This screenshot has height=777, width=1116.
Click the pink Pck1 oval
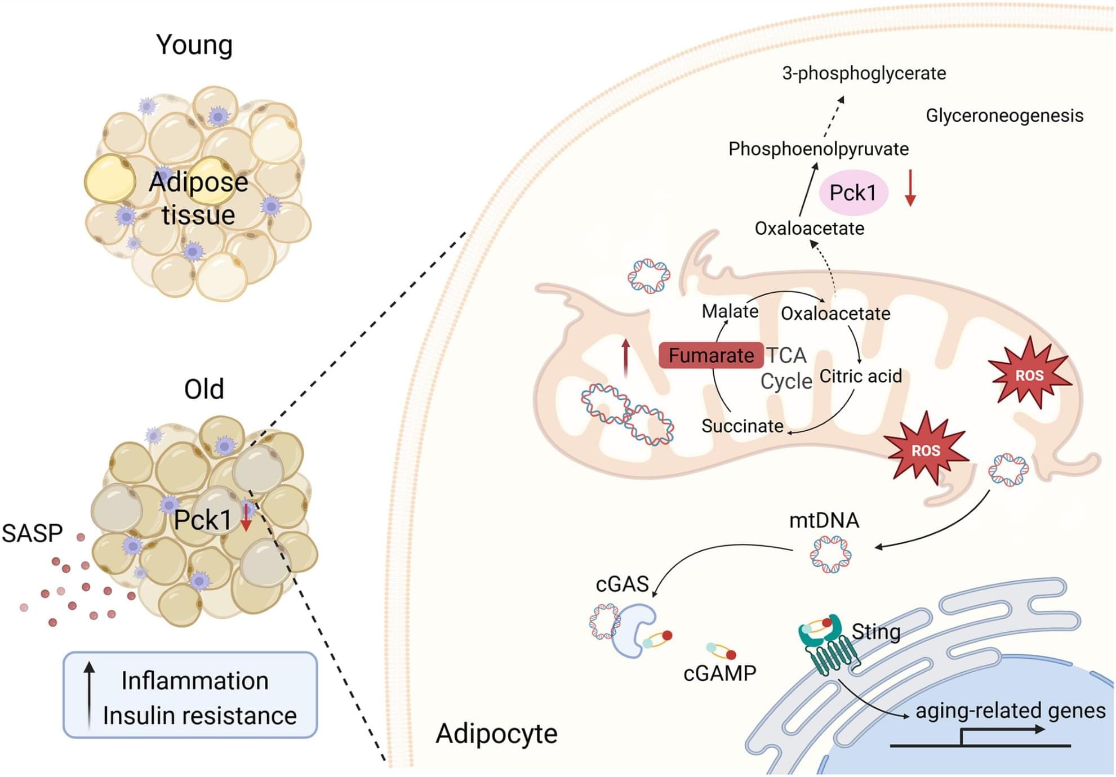pos(853,193)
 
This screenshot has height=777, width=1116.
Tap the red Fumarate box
pos(711,355)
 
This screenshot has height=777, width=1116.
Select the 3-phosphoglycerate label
pos(864,73)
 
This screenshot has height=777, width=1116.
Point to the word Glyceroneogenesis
pos(1004,115)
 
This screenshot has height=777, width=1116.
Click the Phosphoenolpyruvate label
pos(818,149)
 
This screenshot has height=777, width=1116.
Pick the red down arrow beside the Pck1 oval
pos(910,188)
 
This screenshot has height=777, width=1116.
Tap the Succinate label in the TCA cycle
pos(742,426)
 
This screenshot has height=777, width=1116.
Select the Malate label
pos(730,311)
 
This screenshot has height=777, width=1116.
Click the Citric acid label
pos(860,376)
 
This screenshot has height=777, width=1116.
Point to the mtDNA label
pos(824,520)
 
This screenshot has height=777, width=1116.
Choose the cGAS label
pos(622,584)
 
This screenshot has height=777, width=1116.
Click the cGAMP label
pos(719,673)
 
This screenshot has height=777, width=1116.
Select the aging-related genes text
pos(1010,711)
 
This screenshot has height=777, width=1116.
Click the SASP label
pos(32,533)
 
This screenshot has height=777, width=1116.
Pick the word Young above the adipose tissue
pos(194,45)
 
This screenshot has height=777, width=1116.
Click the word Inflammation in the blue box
pos(195,681)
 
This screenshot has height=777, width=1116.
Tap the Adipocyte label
pos(496,734)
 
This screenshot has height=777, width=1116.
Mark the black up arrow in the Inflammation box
pos(89,696)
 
